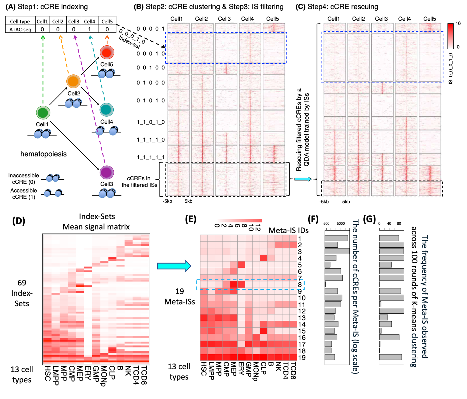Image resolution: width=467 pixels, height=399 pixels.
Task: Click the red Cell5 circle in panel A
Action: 107,52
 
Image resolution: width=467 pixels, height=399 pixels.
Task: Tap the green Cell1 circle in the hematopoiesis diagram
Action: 43,112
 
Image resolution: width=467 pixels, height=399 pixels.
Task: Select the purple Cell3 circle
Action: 107,172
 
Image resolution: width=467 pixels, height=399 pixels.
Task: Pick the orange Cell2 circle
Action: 73,81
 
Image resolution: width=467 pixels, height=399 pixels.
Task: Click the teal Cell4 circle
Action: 106,110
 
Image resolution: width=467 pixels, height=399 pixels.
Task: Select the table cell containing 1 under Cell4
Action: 89,29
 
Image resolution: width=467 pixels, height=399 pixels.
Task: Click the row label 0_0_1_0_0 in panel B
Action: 151,68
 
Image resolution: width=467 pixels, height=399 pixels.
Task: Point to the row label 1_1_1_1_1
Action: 151,158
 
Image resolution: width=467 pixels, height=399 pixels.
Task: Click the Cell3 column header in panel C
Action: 381,19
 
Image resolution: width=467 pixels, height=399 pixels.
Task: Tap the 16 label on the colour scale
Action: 458,24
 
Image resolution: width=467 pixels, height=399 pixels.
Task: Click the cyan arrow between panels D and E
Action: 174,266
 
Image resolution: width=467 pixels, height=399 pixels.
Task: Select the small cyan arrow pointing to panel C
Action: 303,179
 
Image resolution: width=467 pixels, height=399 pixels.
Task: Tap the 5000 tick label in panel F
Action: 341,224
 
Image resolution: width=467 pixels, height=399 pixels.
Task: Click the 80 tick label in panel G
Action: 399,224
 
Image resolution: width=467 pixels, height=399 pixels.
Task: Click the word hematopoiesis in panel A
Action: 43,154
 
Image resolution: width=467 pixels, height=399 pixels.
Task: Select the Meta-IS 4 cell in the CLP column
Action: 263,258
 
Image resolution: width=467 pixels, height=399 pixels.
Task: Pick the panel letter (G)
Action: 369,219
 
